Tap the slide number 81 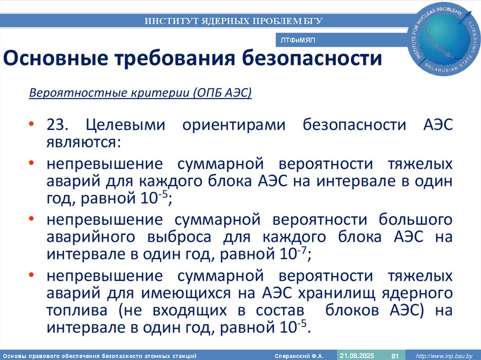[395, 355]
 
